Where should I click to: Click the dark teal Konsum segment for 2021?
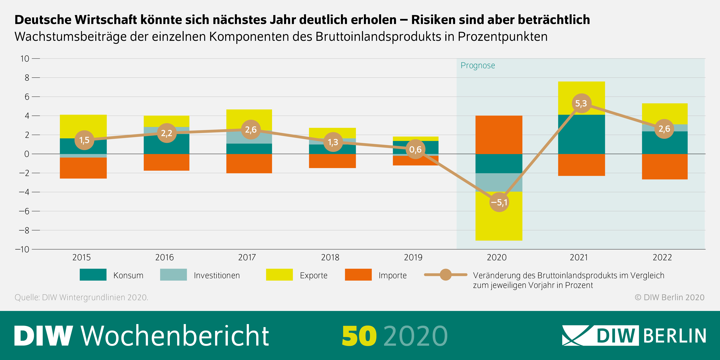[581, 134]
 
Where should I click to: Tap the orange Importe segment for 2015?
[83, 168]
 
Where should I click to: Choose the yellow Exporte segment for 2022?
[665, 113]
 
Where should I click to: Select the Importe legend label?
[392, 275]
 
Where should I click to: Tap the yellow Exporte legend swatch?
[279, 275]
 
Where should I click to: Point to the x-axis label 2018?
[330, 257]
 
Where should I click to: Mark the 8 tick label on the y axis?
[27, 78]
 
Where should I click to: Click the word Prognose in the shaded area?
[478, 65]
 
